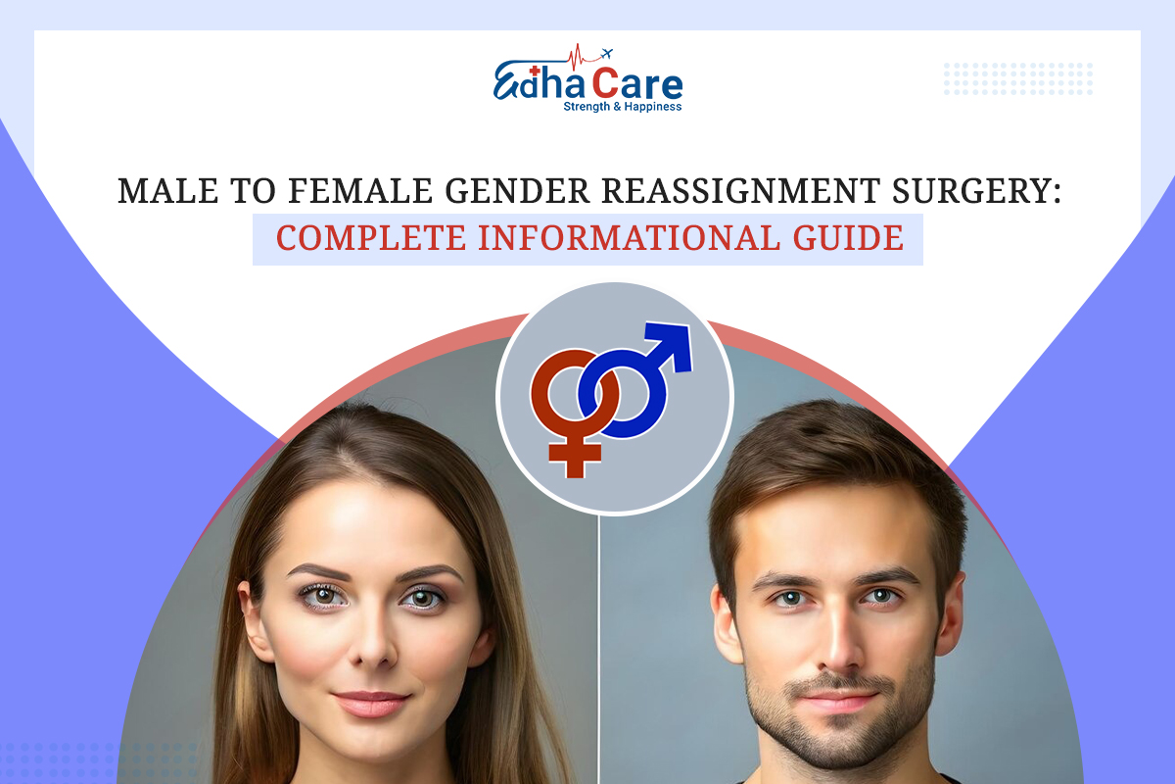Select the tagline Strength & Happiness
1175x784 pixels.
(x=622, y=106)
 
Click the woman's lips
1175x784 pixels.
(x=369, y=704)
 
